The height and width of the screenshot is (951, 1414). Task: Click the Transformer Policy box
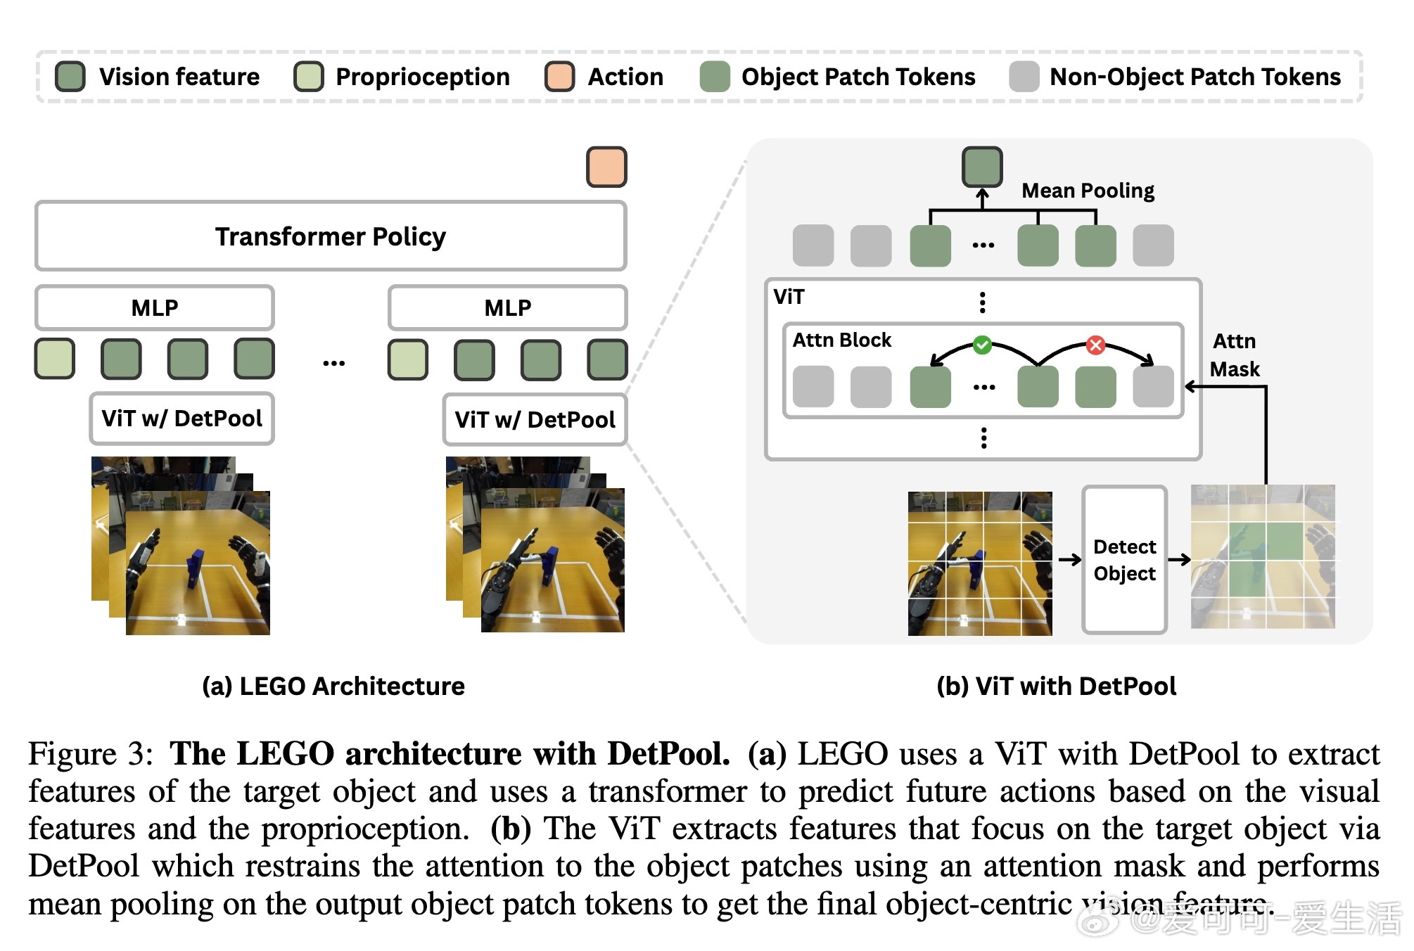click(x=330, y=236)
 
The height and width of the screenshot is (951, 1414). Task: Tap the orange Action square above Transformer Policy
click(x=606, y=167)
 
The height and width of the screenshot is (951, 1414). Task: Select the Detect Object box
click(x=1124, y=560)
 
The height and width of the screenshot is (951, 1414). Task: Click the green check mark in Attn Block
click(x=982, y=345)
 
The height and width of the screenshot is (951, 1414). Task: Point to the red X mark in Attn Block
click(x=1095, y=345)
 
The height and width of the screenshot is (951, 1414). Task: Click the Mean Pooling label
click(x=1088, y=191)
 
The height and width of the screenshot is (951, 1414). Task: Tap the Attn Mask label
click(x=1235, y=355)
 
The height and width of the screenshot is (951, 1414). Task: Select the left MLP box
click(x=155, y=307)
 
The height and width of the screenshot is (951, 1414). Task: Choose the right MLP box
click(x=507, y=307)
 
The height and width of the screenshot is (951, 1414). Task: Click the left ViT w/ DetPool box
click(x=181, y=419)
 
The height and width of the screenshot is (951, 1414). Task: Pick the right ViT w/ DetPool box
click(x=535, y=420)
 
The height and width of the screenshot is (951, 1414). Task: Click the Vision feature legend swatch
click(x=70, y=77)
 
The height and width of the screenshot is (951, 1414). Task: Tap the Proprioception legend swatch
click(x=309, y=77)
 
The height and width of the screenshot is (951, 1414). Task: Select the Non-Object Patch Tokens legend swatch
click(x=1024, y=77)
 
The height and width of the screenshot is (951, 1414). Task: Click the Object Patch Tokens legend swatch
click(x=715, y=77)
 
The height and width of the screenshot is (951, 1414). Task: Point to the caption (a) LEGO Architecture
click(x=333, y=686)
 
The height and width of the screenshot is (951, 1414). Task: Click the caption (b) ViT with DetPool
click(x=1056, y=686)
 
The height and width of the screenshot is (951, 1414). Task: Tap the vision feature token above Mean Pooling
click(x=982, y=167)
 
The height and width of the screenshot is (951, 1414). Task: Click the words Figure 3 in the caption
click(x=91, y=754)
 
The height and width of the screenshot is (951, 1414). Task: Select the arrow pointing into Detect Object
click(x=1069, y=560)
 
